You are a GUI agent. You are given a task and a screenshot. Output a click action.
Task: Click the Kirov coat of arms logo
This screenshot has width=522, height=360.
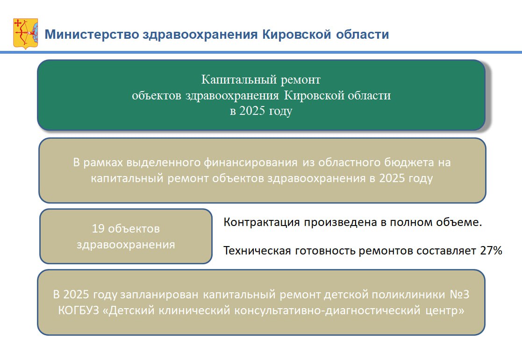pyautogui.click(x=26, y=34)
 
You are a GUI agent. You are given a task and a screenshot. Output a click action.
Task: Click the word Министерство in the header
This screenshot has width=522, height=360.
pyautogui.click(x=92, y=35)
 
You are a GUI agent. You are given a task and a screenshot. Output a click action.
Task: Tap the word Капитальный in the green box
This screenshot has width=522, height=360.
pyautogui.click(x=239, y=80)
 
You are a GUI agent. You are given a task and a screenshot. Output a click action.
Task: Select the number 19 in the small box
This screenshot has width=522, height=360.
pyautogui.click(x=98, y=229)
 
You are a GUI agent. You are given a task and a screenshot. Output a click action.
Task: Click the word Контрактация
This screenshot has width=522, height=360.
pyautogui.click(x=262, y=222)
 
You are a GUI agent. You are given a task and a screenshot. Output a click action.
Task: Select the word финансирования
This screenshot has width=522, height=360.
pyautogui.click(x=250, y=162)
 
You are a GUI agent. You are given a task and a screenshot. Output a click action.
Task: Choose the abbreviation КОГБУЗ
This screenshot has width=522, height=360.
pyautogui.click(x=79, y=311)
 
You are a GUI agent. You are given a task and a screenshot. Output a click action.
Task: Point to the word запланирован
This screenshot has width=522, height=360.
pyautogui.click(x=159, y=295)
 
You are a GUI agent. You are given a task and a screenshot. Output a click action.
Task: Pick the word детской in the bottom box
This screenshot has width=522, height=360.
pyautogui.click(x=345, y=295)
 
